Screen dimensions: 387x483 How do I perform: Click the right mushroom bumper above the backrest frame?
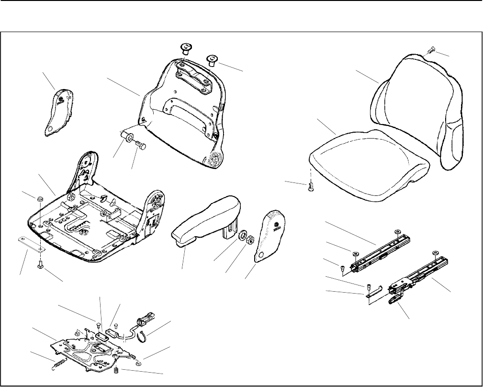pyautogui.click(x=211, y=61)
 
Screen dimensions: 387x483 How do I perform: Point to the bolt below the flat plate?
pyautogui.click(x=40, y=264)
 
